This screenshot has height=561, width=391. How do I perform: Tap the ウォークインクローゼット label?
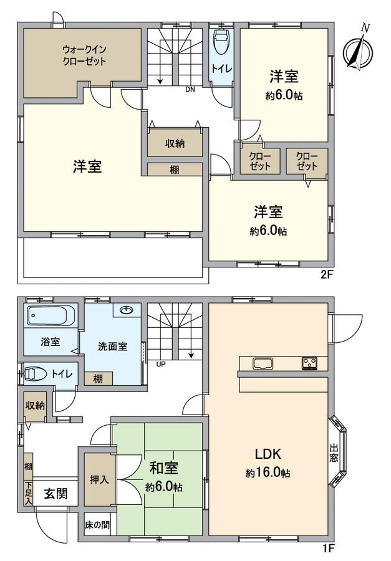click(x=84, y=55)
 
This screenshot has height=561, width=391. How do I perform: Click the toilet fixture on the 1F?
click(x=36, y=374)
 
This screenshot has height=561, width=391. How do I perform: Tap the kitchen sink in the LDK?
click(x=262, y=363)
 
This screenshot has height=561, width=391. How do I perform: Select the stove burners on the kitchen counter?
click(x=310, y=363)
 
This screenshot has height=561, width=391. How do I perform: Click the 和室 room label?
click(x=161, y=467)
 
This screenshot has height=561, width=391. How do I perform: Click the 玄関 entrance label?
click(x=55, y=494)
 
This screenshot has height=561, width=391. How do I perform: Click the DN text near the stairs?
click(x=190, y=89)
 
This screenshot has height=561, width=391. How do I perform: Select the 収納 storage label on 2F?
click(x=175, y=143)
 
